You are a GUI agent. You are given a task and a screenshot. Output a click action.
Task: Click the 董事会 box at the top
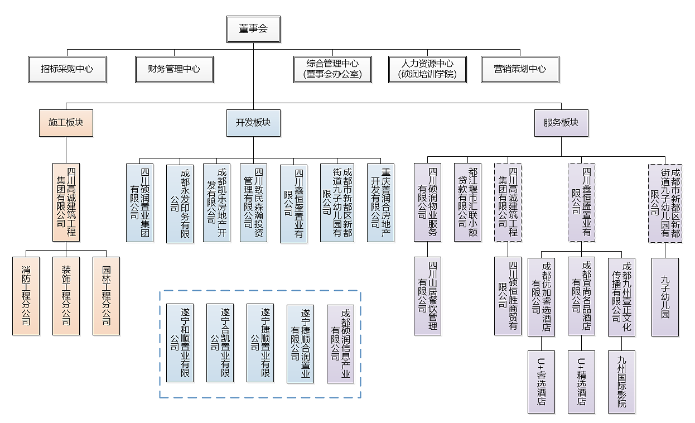point(253,29)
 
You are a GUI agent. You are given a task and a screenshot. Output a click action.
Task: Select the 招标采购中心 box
point(67,69)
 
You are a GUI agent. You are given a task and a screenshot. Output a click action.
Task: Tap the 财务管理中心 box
point(174,69)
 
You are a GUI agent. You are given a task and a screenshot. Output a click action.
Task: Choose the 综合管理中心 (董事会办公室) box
point(332,69)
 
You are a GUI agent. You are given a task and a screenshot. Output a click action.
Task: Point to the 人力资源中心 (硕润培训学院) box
point(427,69)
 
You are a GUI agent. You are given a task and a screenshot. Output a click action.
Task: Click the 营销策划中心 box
point(520,69)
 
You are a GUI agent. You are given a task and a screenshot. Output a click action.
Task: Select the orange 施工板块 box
point(66,123)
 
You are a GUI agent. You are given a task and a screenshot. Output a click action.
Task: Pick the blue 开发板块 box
point(253,123)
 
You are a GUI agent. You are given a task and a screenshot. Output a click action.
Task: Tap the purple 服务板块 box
point(561,123)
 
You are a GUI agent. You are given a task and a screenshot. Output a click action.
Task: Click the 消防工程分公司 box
point(26,296)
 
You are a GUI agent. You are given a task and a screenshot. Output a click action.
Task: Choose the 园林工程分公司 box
point(106,296)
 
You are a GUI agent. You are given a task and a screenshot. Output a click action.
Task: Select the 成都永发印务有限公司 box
point(180,204)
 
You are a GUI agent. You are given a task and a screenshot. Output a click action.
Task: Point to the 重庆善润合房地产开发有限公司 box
point(381,203)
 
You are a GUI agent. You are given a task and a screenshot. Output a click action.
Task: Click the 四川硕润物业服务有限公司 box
point(428,203)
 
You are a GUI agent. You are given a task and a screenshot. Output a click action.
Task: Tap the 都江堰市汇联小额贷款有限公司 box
point(467,203)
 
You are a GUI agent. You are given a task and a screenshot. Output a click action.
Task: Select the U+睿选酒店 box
point(542,382)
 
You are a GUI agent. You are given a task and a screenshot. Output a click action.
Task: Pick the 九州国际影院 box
point(621,382)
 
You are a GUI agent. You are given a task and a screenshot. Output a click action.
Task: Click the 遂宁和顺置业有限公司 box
point(180,343)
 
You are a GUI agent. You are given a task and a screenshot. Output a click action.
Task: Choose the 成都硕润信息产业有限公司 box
point(340,344)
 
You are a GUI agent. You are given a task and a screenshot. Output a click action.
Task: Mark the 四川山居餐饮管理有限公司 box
point(428,296)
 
